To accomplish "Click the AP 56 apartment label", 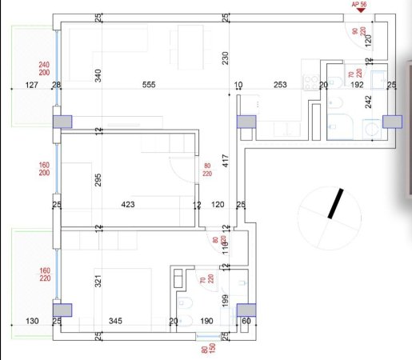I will pos(358,5).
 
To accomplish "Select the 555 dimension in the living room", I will pos(148,85).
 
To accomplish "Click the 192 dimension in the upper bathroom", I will pos(357,85).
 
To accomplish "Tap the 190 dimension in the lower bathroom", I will pos(206,322).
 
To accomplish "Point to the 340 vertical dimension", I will pos(98,76).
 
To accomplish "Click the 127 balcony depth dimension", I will pos(32,85).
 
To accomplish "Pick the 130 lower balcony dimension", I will pos(31,322).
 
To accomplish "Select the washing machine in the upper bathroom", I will pos(370,128).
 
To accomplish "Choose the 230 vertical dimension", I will pos(226,58).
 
